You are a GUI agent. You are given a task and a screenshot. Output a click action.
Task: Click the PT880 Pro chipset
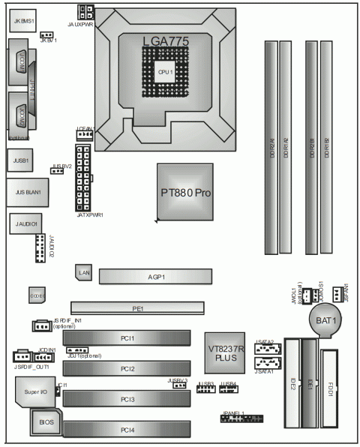[x=187, y=192]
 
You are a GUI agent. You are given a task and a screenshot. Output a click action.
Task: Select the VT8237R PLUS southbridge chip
[x=226, y=352]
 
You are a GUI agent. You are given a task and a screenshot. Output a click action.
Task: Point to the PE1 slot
[x=137, y=307]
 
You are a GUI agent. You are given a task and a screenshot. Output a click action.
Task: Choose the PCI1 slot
[x=127, y=338]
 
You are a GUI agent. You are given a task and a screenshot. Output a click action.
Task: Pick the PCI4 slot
[x=127, y=429]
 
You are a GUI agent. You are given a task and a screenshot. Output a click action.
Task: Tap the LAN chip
[x=84, y=273]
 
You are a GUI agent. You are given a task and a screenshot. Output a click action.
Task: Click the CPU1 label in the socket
[x=166, y=71]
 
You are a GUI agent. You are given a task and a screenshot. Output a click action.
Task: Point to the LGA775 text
[x=166, y=39]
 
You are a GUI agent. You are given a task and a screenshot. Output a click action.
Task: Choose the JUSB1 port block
[x=21, y=160]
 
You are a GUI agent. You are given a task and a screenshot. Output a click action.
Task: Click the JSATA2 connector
[x=266, y=349]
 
